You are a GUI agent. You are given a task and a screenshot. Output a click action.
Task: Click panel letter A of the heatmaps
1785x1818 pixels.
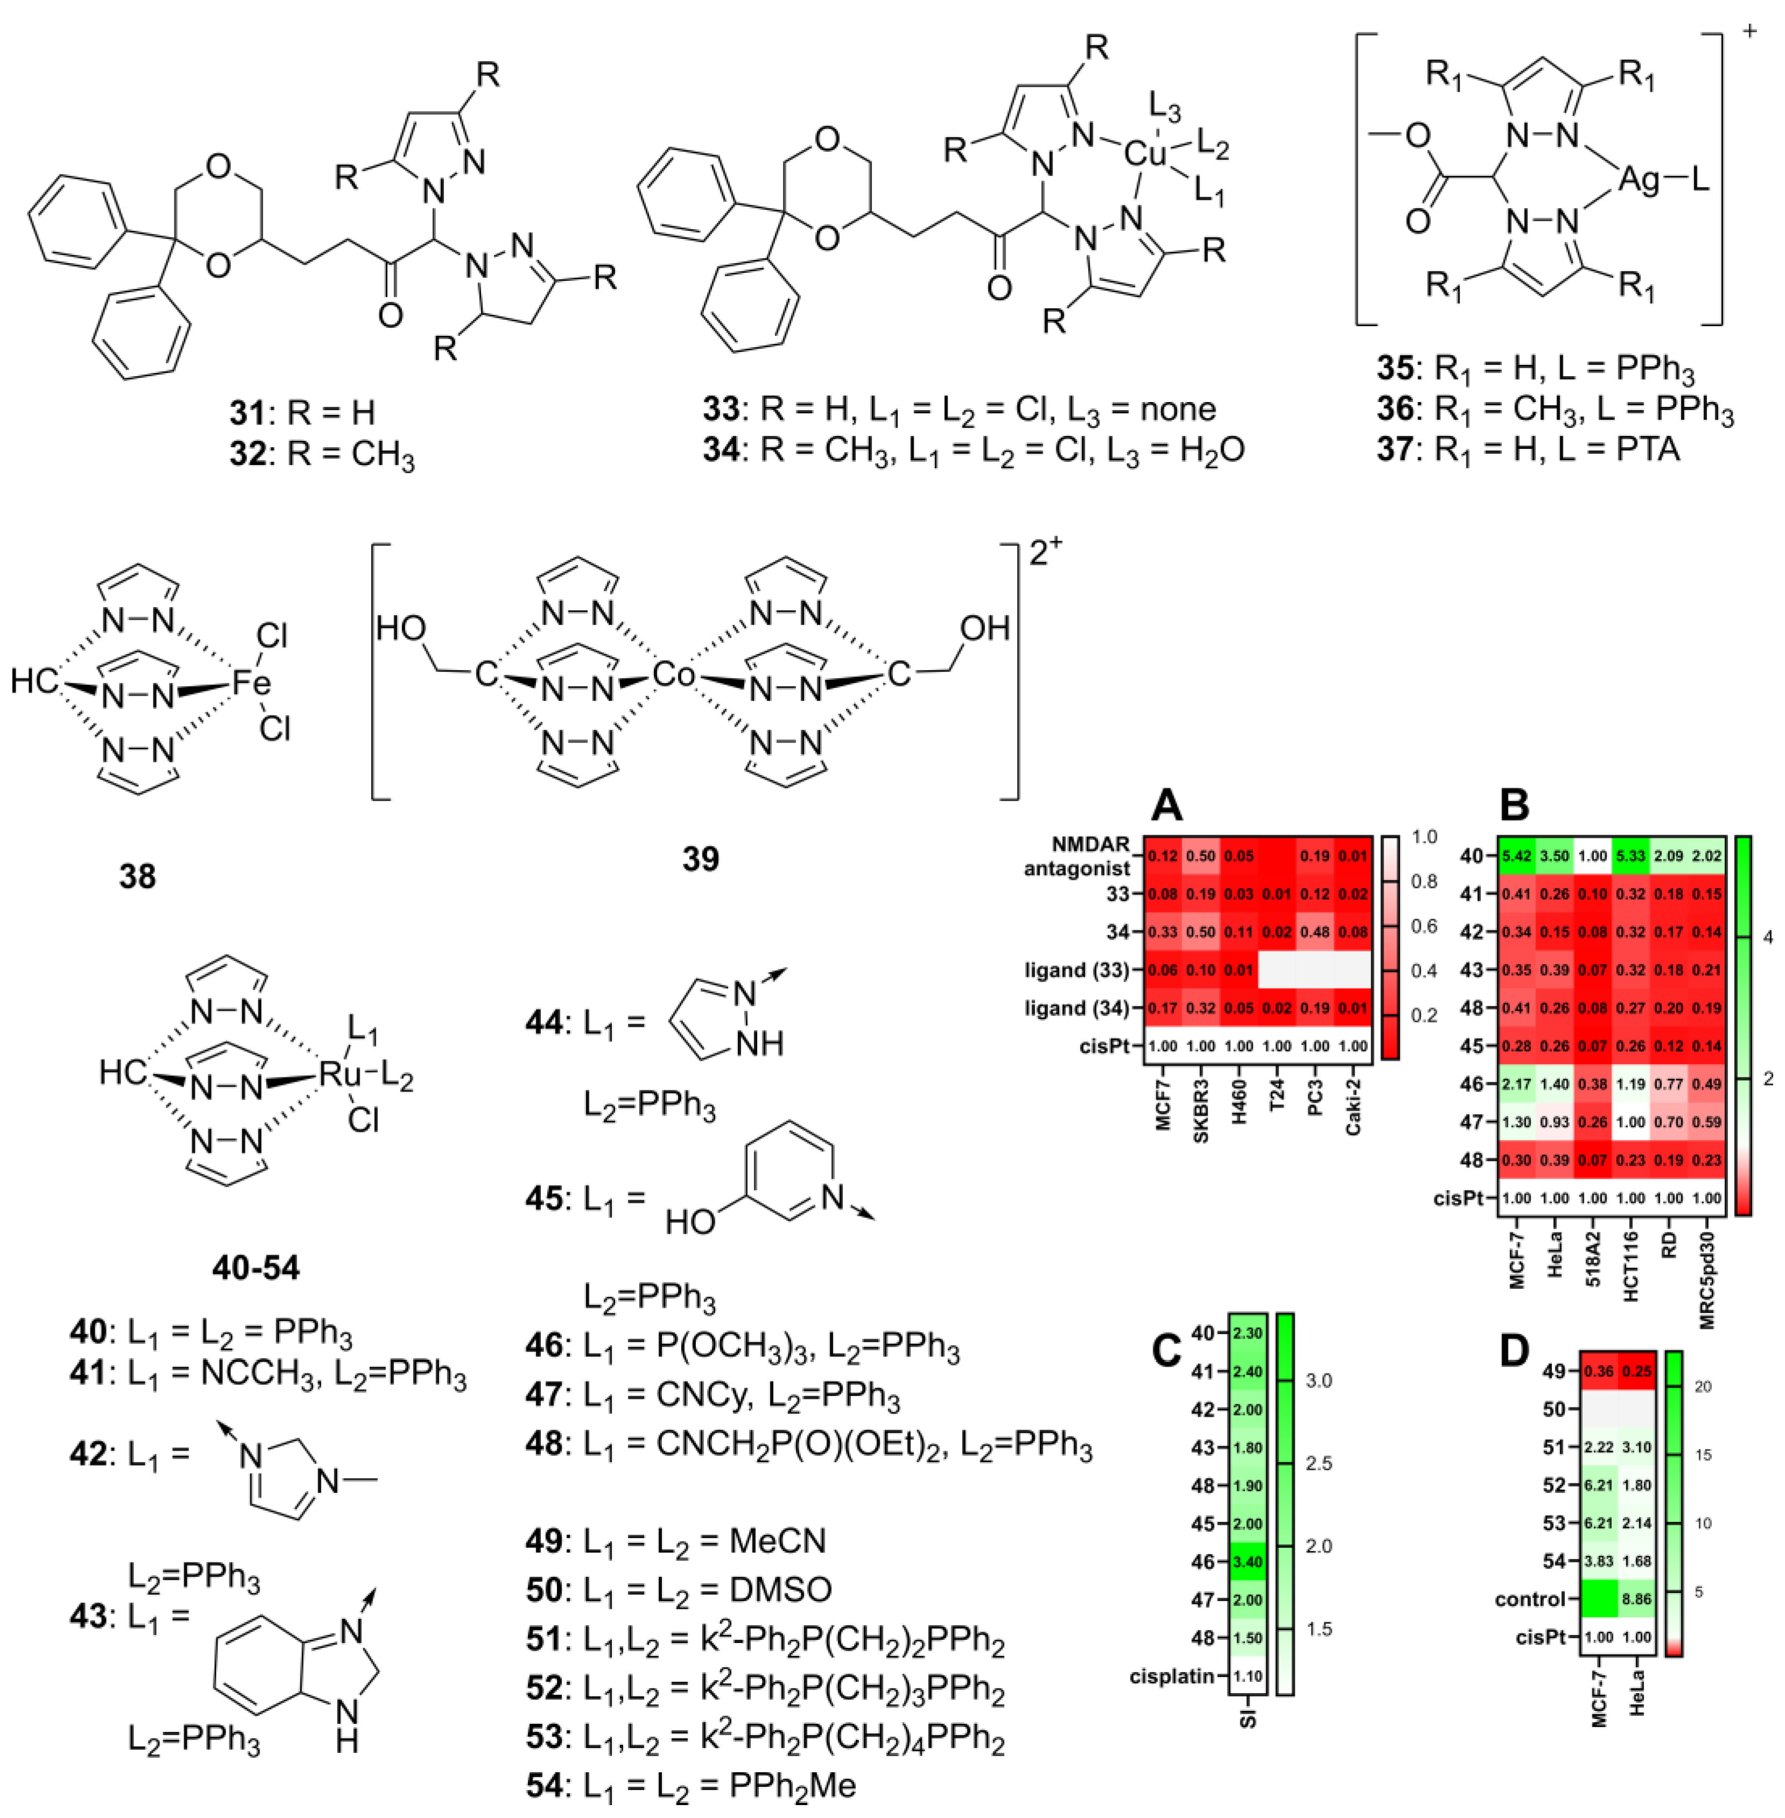(1167, 805)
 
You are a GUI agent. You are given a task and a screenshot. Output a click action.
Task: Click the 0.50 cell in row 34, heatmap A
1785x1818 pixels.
(1201, 932)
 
